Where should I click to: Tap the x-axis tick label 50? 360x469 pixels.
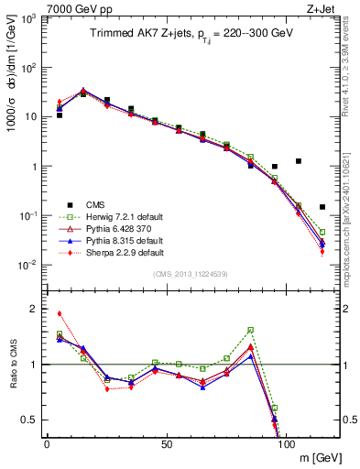pos(166,443)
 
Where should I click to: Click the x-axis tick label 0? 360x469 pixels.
pos(47,443)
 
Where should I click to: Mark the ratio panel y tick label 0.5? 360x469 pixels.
pos(30,420)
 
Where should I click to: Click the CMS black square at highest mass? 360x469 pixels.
pos(322,207)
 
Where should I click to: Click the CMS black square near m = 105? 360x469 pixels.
pos(299,161)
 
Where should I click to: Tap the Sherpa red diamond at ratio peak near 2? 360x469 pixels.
pos(60,313)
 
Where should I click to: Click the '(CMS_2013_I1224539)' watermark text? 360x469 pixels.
pos(190,273)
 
